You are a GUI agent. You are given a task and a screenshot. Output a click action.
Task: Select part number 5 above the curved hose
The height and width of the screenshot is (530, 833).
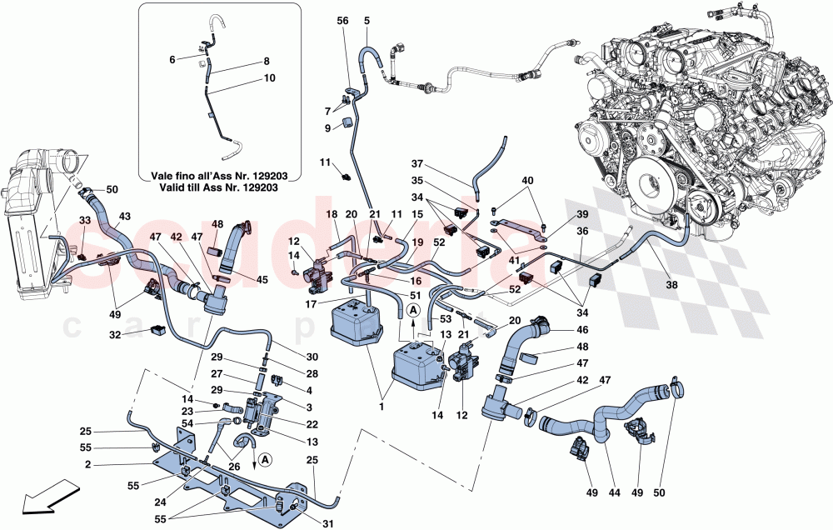(367, 20)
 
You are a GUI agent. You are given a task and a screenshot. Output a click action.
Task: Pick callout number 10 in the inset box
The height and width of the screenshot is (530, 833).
(269, 77)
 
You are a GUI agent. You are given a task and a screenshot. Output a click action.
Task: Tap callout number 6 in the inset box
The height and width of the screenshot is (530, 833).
(172, 60)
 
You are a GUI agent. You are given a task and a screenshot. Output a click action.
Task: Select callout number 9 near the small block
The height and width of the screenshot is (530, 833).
(328, 127)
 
